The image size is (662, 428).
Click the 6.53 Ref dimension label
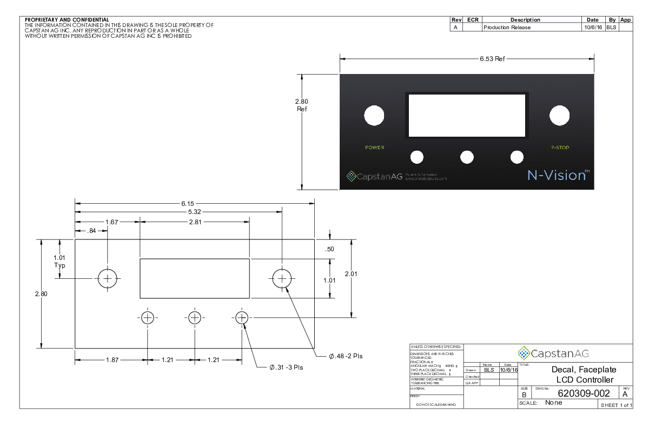point(492,59)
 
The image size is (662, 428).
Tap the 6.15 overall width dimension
point(188,203)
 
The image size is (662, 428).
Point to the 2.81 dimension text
point(195,222)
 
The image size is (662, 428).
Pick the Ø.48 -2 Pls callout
point(346,357)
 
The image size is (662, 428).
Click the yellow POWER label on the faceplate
point(374,148)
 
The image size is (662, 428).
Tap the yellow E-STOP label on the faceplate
point(560,148)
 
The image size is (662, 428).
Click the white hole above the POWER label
point(374,115)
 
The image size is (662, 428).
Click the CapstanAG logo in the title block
point(553,353)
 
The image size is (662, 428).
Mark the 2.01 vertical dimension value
point(351,275)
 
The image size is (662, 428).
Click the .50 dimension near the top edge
point(330,249)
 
